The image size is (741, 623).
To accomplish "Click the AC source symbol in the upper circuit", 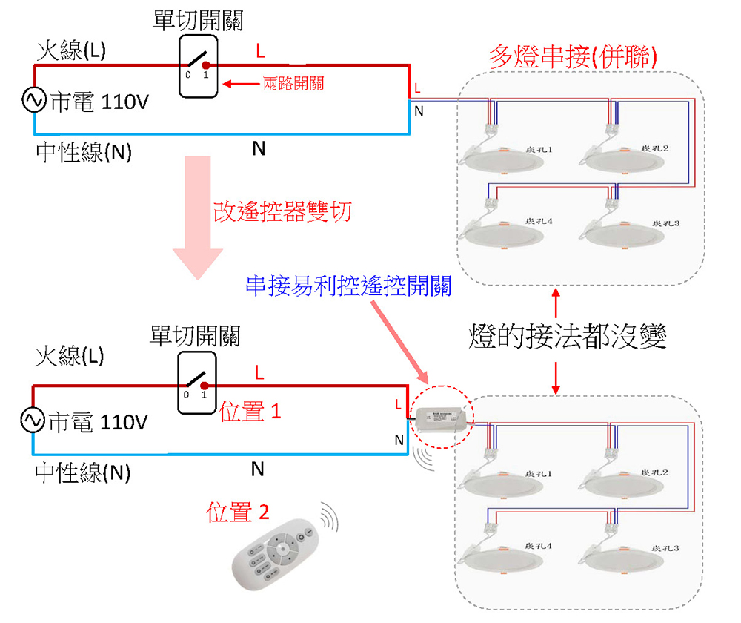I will pos(34,100).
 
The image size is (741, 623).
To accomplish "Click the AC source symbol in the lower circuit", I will pos(34,421).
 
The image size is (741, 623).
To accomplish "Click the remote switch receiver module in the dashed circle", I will pos(442,418).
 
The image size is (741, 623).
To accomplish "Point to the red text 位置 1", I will pos(250,412).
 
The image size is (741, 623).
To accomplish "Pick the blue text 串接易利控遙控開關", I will pos(348,286).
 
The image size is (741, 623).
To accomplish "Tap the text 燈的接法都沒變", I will pos(568,337).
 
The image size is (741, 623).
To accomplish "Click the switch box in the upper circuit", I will pos(198,66).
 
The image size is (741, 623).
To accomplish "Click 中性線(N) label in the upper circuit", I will pos(84,153).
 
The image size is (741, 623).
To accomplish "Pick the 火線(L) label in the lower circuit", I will pos(70,356).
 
